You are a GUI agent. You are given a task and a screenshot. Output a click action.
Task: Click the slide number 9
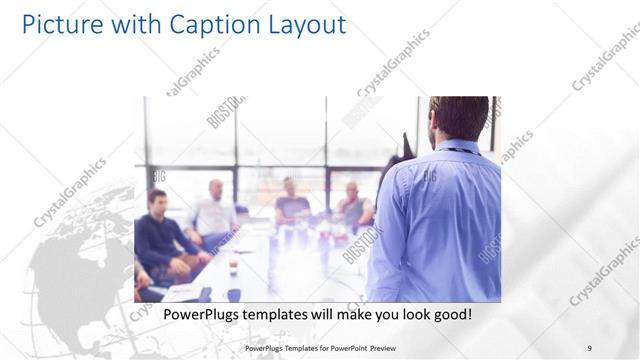590,347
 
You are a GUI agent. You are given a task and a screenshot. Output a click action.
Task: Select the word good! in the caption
451,315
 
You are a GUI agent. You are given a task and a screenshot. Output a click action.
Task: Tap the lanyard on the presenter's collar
458,149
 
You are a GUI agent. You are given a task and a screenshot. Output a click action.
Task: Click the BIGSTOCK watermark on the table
358,243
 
